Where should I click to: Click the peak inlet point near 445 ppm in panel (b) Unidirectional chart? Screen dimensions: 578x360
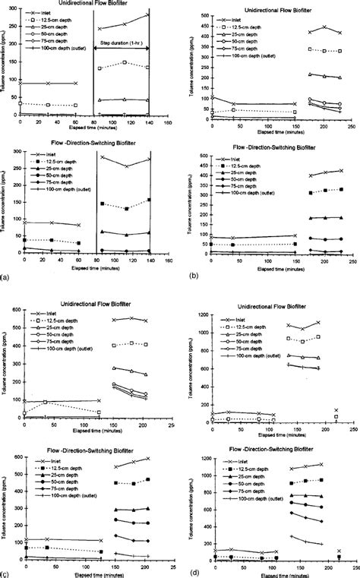[324, 27]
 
